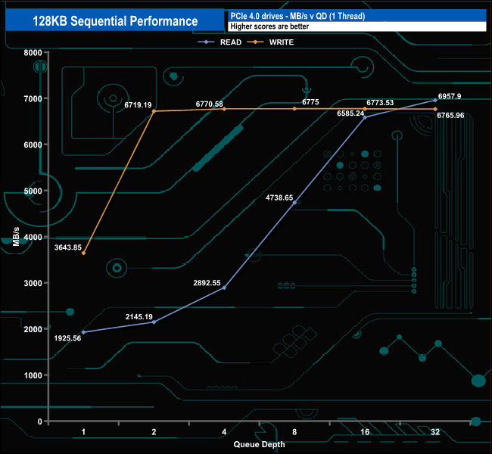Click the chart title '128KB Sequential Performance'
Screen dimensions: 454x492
(115, 21)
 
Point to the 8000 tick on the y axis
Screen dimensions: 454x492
(31, 52)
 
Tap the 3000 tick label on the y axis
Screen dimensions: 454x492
(31, 283)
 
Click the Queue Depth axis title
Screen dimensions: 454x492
(259, 444)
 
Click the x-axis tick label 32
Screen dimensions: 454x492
(435, 432)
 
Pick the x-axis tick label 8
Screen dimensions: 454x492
(294, 432)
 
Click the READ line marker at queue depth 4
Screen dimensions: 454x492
(224, 288)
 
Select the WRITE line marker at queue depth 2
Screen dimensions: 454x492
(154, 111)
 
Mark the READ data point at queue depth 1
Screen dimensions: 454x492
(83, 332)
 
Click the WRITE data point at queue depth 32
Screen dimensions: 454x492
(435, 110)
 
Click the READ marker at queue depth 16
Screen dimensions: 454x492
(365, 117)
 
